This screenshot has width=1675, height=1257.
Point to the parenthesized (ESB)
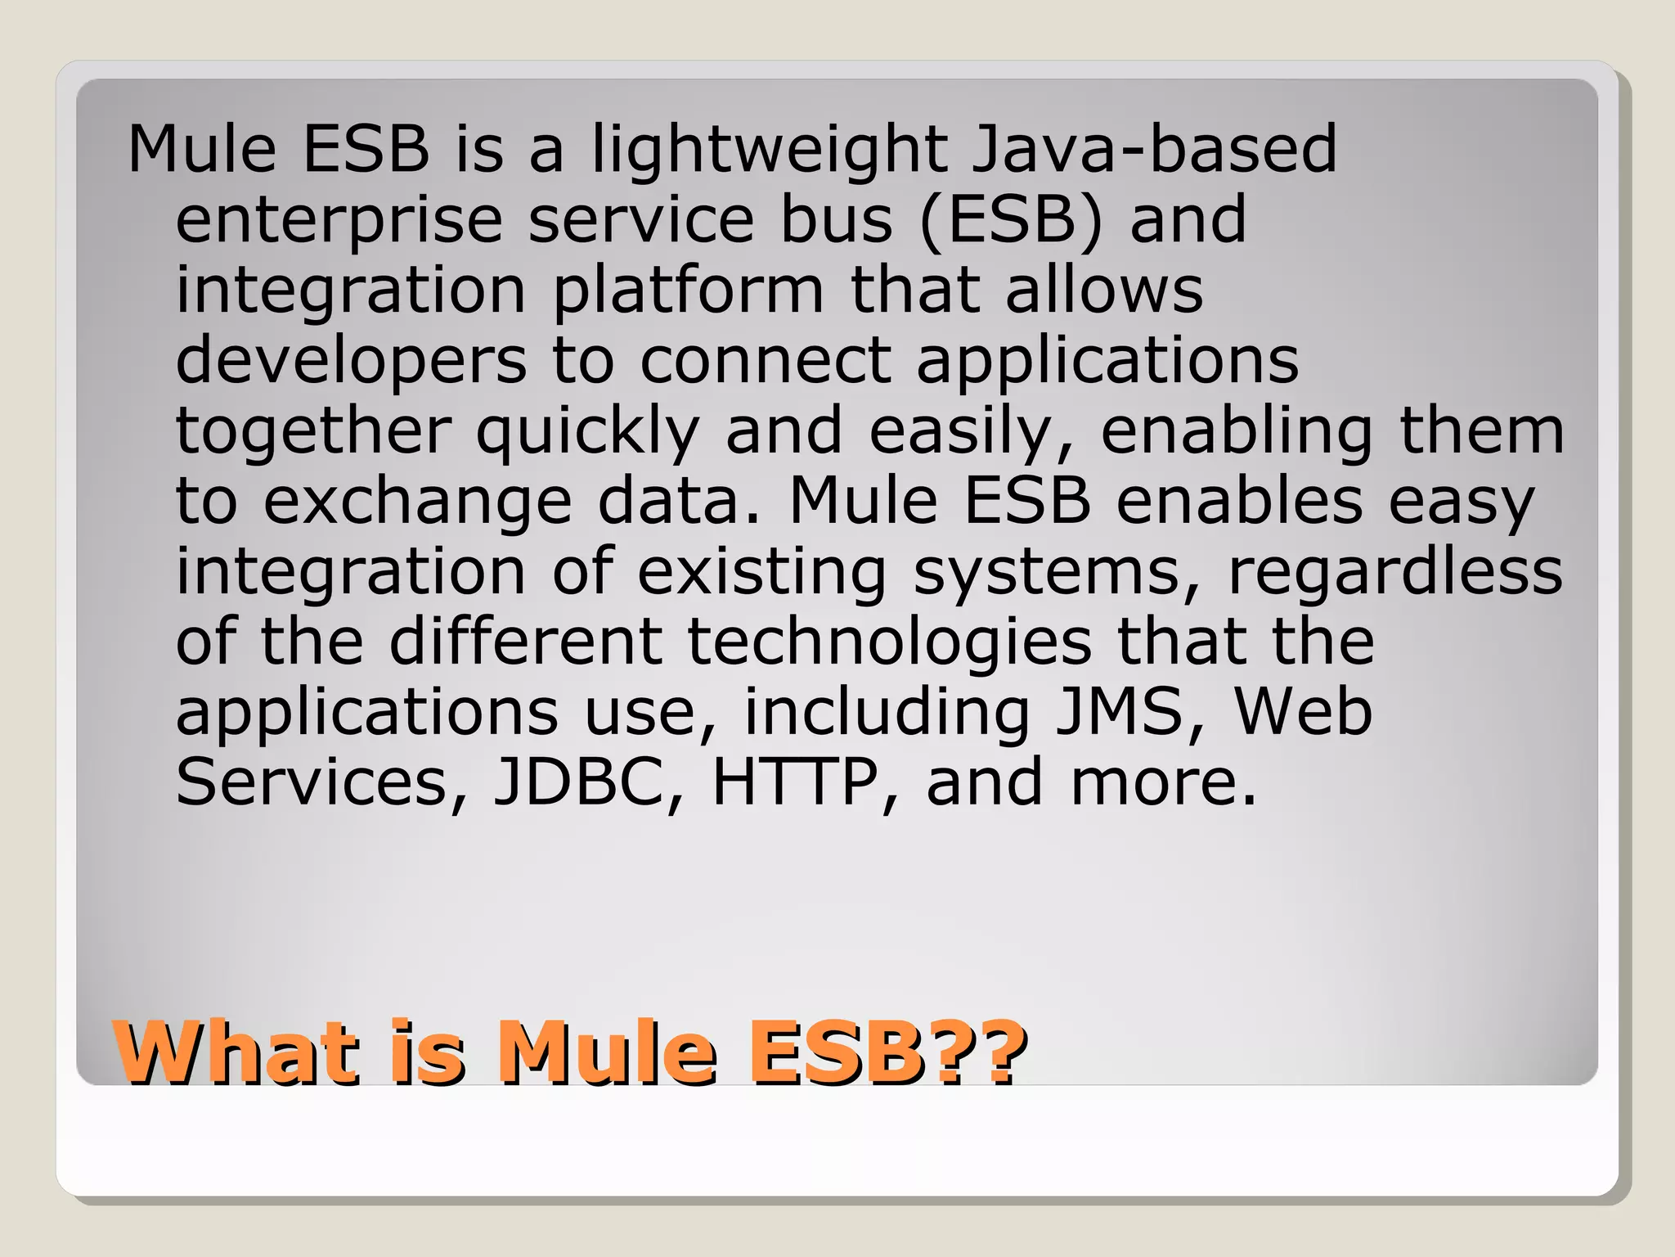click(x=1011, y=219)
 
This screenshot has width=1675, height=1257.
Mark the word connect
click(x=765, y=361)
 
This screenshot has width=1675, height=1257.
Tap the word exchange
click(x=417, y=502)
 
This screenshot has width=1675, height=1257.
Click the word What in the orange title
click(x=237, y=1052)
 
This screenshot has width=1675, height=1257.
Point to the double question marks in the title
click(x=980, y=1052)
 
